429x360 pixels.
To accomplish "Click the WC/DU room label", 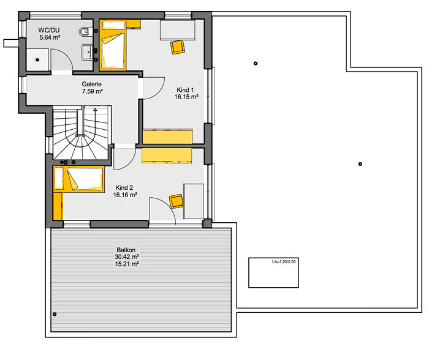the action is [x=48, y=30].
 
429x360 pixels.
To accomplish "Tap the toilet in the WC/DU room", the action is [x=85, y=31].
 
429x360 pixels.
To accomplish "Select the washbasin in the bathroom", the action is [x=87, y=52].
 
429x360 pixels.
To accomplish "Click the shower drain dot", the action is [x=37, y=60].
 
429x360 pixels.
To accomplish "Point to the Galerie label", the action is [x=92, y=84].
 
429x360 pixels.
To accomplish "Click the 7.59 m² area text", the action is [x=93, y=91].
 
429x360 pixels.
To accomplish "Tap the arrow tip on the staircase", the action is [x=95, y=110].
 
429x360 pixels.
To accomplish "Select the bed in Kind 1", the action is [x=113, y=45].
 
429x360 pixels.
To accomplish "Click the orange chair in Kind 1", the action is [x=178, y=47].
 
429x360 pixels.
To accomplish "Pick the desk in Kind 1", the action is [x=178, y=30].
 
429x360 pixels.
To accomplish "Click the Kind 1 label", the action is [x=185, y=89].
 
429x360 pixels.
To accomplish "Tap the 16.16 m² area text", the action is [x=125, y=195].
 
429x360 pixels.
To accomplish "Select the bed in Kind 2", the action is [x=79, y=179].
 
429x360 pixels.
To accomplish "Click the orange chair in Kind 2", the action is [x=177, y=201].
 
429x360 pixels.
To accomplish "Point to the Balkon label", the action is [x=126, y=250].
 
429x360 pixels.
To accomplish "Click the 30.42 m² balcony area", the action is [x=127, y=257].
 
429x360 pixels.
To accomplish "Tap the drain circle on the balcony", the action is [x=55, y=314].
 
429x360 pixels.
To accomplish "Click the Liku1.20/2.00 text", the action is [x=284, y=261].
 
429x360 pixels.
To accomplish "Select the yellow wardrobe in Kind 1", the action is [x=167, y=137].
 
